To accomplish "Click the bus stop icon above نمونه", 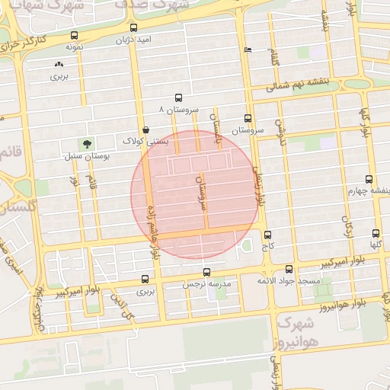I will pyautogui.click(x=74, y=35).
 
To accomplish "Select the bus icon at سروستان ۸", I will pyautogui.click(x=178, y=97).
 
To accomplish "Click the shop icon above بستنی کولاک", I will pyautogui.click(x=145, y=129).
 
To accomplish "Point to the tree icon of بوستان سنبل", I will pyautogui.click(x=86, y=142).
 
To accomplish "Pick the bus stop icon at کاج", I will pyautogui.click(x=267, y=235).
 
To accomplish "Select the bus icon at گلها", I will pyautogui.click(x=376, y=233).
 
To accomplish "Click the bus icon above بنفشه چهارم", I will pyautogui.click(x=369, y=179).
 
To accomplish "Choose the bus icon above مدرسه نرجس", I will pyautogui.click(x=206, y=272).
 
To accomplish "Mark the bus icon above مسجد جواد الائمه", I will pyautogui.click(x=289, y=269).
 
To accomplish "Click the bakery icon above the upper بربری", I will pyautogui.click(x=59, y=65).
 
